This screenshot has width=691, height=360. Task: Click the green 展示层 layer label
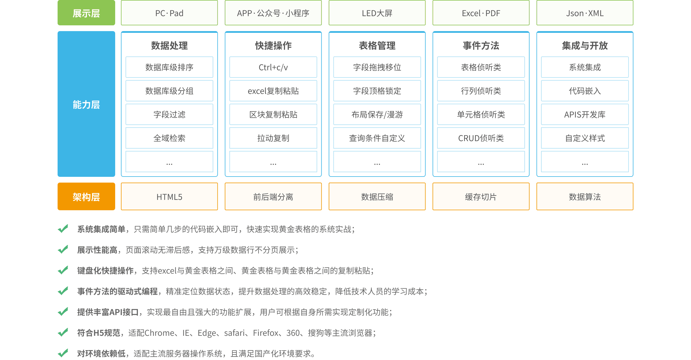86,13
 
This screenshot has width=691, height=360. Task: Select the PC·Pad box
169,13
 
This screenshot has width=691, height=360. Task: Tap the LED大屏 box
377,13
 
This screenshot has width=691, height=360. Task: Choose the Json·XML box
585,13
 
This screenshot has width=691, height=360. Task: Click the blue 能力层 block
86,104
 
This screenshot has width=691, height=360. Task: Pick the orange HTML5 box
169,197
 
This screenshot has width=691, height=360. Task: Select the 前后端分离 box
273,197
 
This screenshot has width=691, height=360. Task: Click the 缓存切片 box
481,197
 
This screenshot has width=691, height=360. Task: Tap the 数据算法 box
585,197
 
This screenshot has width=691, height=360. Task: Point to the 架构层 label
86,197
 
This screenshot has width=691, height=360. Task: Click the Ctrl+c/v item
273,67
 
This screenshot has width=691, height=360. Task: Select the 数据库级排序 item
169,67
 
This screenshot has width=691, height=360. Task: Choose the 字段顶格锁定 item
377,91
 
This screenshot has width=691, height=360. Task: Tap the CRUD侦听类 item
481,138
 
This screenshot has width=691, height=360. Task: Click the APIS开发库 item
585,115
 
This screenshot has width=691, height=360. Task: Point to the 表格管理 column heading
377,46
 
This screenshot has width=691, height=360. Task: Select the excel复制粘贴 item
273,91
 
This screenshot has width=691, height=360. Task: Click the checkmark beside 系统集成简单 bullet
63,229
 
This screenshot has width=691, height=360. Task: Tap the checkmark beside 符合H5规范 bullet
63,332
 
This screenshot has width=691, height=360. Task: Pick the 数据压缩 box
377,197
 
